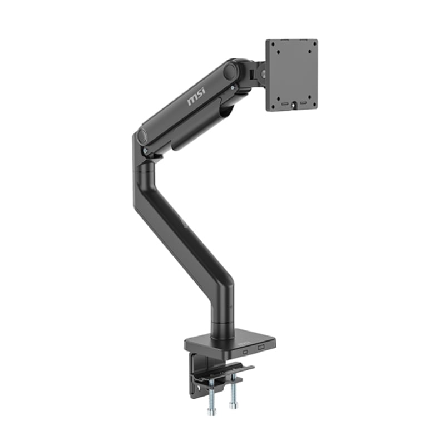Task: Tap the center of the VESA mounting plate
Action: [291, 75]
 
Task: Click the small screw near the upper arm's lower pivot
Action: [145, 150]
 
